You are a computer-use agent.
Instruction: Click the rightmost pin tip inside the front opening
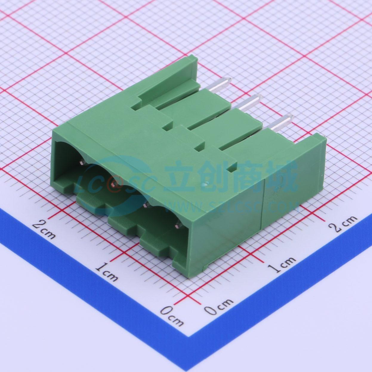coord(177,225)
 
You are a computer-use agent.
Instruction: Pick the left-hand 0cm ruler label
coord(172,315)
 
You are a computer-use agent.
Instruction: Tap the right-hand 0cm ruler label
coord(219,309)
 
